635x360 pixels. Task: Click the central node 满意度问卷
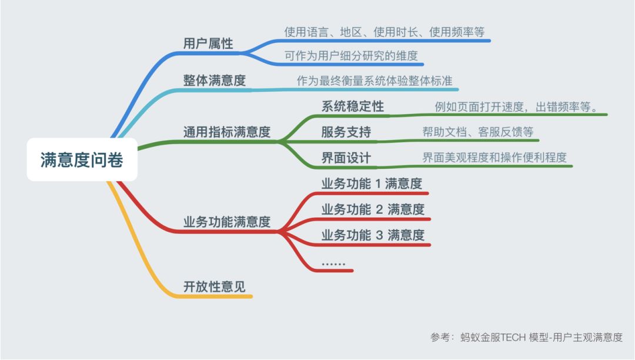[x=82, y=160]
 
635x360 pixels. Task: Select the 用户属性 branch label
[x=208, y=44]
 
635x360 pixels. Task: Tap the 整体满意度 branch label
[x=214, y=81]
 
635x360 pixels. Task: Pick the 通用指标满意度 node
[x=226, y=132]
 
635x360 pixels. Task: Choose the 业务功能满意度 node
[x=226, y=222]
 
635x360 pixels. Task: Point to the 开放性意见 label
[x=214, y=286]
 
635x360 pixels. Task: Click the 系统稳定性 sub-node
[x=352, y=106]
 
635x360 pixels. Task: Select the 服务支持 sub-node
[x=346, y=132]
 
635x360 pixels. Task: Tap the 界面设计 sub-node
[x=346, y=158]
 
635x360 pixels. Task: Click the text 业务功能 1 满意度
[x=372, y=184]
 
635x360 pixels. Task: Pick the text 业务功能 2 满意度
[x=373, y=209]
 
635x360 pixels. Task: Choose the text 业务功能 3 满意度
[x=373, y=235]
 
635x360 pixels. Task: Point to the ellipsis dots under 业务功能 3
[x=333, y=263]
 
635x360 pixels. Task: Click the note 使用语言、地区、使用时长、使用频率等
[x=384, y=32]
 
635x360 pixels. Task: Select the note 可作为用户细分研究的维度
[x=351, y=56]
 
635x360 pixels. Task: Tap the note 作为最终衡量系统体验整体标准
[x=375, y=81]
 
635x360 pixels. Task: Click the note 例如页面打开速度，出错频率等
[x=516, y=106]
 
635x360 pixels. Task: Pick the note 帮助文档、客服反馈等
[x=477, y=132]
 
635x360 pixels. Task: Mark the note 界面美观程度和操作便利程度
[x=494, y=158]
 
